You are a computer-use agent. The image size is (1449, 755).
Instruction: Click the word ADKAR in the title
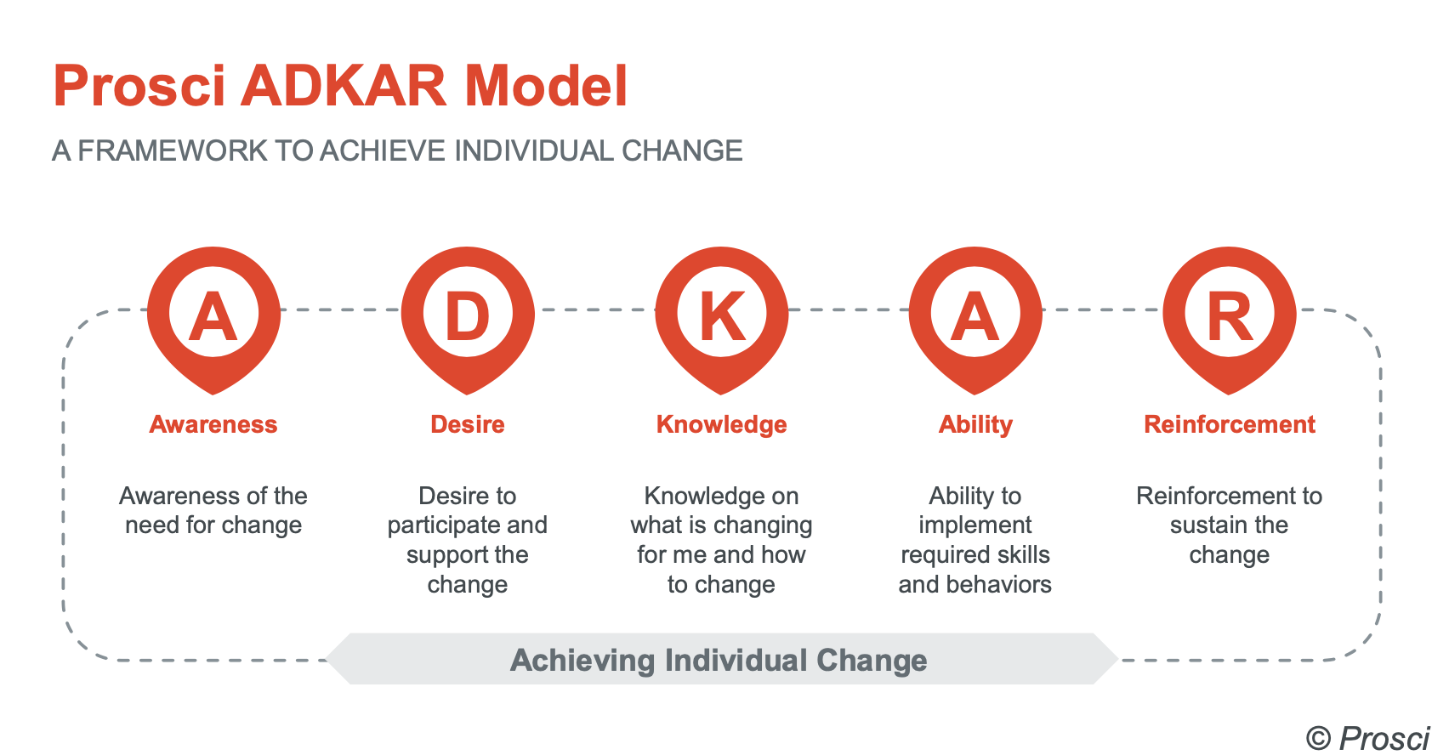tap(344, 87)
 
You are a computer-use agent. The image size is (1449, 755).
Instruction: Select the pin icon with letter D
tap(468, 316)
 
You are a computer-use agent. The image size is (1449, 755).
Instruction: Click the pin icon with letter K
tap(721, 316)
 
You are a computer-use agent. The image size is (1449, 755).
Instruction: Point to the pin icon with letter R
tap(1229, 316)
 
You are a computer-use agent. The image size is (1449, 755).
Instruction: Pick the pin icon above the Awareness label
tap(213, 316)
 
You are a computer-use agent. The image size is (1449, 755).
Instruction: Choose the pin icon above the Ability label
tap(975, 316)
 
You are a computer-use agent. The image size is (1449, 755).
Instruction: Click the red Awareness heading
tap(213, 424)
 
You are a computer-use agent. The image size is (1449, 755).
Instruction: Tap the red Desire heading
tap(468, 424)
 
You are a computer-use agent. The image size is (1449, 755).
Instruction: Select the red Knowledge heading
tap(721, 424)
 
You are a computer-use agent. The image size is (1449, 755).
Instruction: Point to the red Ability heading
tap(975, 424)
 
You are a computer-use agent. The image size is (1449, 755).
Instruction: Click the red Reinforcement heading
tap(1229, 424)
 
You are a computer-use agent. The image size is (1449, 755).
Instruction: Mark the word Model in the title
tap(545, 87)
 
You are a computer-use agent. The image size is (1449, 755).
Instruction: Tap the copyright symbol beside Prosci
tap(1318, 738)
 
